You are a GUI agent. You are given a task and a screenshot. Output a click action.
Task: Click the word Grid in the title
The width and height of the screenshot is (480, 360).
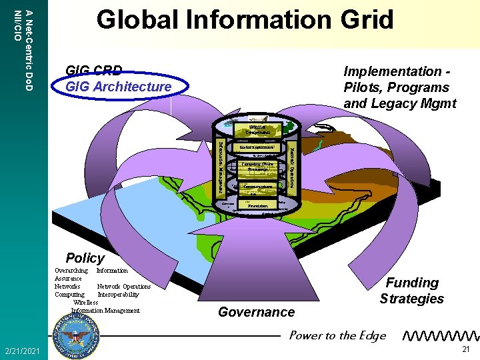tap(365, 20)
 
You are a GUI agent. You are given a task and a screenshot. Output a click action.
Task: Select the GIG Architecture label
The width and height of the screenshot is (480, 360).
tap(118, 87)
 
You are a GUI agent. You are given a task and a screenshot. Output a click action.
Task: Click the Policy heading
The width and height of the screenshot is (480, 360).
tap(85, 258)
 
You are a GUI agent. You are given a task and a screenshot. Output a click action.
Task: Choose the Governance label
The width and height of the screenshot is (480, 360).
tap(256, 312)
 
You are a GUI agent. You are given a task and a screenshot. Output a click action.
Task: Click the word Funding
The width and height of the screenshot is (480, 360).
tap(413, 283)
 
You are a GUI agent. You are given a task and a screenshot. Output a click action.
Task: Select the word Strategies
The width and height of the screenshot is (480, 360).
tap(411, 299)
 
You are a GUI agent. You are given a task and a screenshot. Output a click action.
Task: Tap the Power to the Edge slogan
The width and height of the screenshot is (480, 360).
tap(337, 335)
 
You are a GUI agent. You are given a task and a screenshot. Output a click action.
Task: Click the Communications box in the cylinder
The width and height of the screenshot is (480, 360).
tap(257, 187)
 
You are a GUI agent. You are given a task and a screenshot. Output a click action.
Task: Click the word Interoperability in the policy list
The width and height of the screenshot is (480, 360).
tap(119, 294)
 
